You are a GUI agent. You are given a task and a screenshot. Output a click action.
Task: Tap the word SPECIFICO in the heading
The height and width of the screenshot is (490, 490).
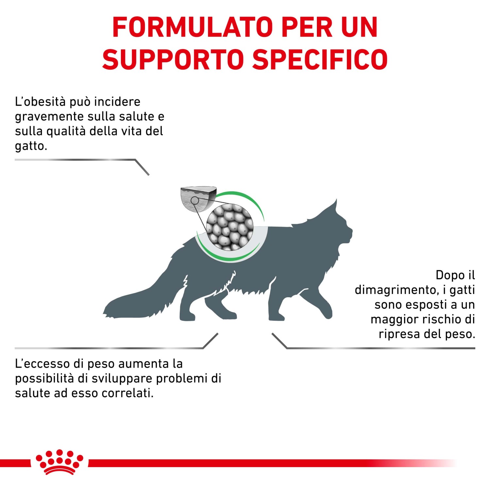[320, 60]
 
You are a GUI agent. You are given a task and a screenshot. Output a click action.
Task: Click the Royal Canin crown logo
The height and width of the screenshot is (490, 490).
[59, 462]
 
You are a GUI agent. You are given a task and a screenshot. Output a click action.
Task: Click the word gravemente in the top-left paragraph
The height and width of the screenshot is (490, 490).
[49, 117]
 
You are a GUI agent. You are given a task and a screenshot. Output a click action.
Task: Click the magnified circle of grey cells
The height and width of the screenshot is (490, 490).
[230, 227]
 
